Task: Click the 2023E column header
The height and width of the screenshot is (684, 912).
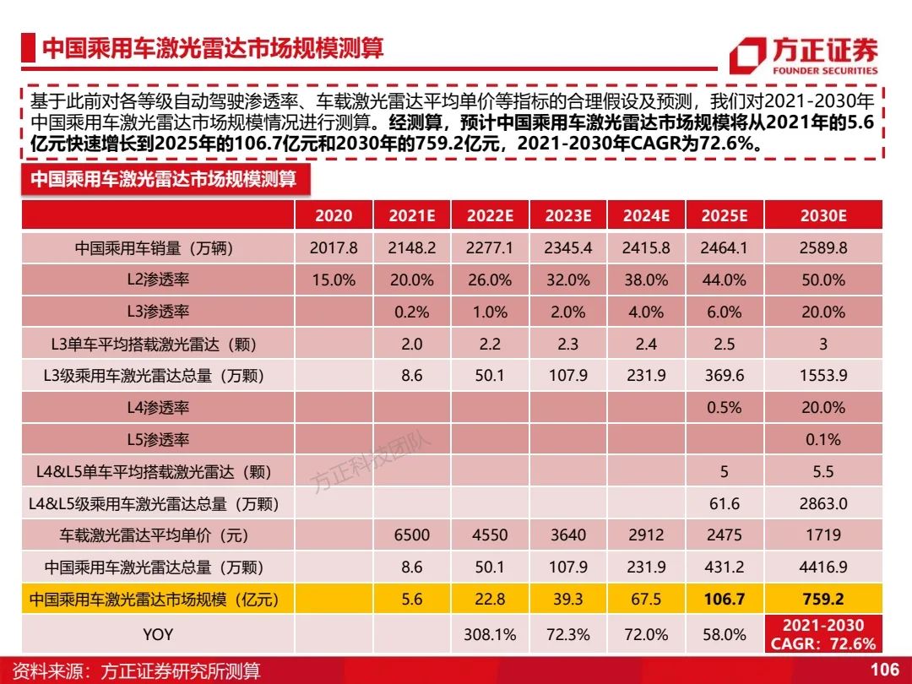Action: point(567,216)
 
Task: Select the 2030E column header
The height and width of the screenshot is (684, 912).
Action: point(823,216)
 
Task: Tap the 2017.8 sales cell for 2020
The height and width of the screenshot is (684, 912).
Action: point(334,247)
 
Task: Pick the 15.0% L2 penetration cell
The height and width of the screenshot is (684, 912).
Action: point(334,280)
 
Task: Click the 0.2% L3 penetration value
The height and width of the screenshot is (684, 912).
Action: point(412,312)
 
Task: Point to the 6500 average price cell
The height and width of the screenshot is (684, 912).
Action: point(412,535)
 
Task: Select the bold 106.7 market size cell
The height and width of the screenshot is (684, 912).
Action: point(725,599)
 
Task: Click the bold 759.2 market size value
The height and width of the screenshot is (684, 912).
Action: point(823,599)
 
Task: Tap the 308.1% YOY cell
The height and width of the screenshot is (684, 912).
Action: point(490,634)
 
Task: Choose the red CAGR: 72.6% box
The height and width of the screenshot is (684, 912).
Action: point(823,634)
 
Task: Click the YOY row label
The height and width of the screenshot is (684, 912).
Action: point(158,634)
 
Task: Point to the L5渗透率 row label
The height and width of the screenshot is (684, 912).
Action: point(158,440)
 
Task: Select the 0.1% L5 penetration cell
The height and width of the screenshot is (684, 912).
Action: point(823,440)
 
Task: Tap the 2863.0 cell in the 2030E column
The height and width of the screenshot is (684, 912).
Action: point(823,503)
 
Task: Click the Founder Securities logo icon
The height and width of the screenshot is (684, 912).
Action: point(748,56)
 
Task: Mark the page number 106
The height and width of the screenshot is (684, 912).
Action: point(885,670)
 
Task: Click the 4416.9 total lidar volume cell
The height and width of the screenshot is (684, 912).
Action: point(823,567)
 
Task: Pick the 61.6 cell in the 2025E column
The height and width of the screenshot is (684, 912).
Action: point(725,503)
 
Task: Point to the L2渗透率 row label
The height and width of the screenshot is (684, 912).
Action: point(158,280)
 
